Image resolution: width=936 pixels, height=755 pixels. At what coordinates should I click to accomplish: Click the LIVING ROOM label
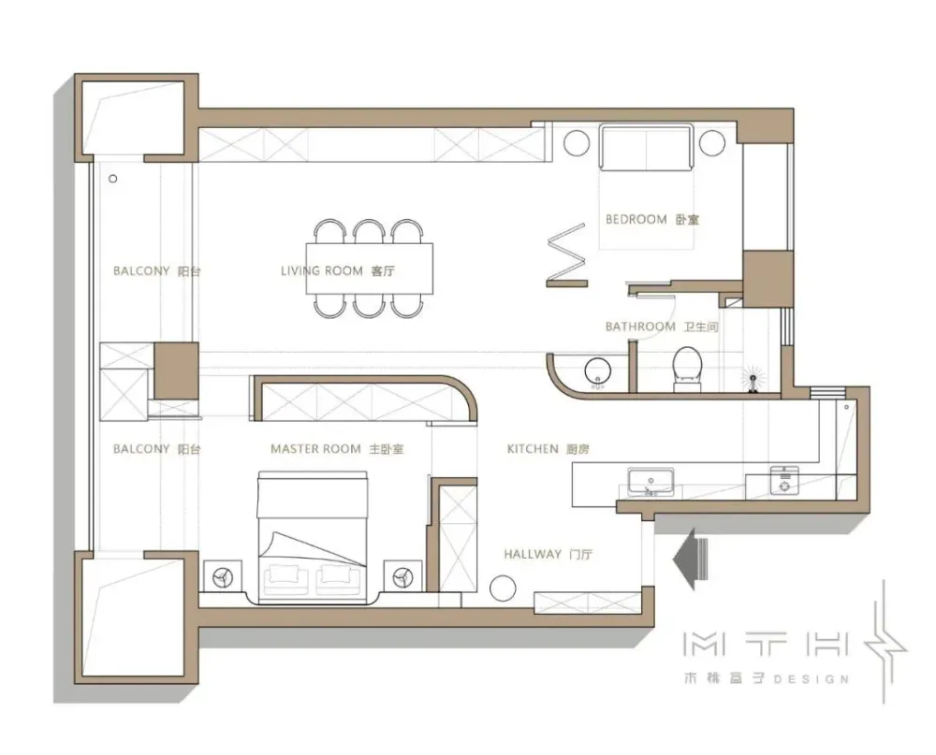[x=322, y=271]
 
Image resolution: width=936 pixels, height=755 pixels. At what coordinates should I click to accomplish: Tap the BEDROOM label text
[x=636, y=219]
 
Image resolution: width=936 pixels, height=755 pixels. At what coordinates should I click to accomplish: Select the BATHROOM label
[x=640, y=327]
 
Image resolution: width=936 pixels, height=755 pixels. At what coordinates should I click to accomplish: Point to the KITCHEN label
[x=533, y=449]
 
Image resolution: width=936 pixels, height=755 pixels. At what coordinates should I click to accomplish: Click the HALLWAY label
[x=533, y=555]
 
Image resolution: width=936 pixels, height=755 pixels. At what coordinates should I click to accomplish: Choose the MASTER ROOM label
[x=315, y=449]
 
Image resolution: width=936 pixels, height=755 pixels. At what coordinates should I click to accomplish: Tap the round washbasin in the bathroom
[x=597, y=371]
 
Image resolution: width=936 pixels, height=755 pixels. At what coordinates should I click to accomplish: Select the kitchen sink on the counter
[x=651, y=482]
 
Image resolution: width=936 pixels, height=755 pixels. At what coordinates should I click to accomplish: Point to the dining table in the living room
[x=370, y=268]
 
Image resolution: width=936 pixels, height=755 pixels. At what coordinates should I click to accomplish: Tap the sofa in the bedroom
[x=646, y=147]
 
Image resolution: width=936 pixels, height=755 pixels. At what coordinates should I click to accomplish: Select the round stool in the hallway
[x=503, y=588]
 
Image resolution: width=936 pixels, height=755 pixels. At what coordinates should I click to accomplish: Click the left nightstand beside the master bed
[x=223, y=576]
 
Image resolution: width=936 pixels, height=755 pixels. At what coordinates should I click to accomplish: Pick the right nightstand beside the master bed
[x=402, y=576]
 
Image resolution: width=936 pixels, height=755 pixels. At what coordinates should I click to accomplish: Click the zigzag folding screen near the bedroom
[x=566, y=256]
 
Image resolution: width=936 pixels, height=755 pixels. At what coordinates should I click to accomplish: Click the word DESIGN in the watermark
[x=812, y=679]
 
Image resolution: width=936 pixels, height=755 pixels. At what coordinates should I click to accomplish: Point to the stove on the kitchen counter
[x=784, y=481]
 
